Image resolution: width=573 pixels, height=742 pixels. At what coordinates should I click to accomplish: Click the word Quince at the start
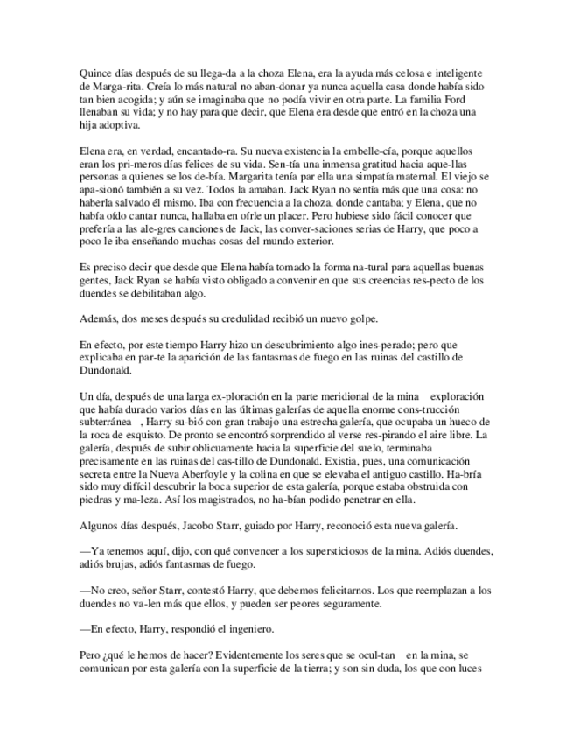[94, 73]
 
